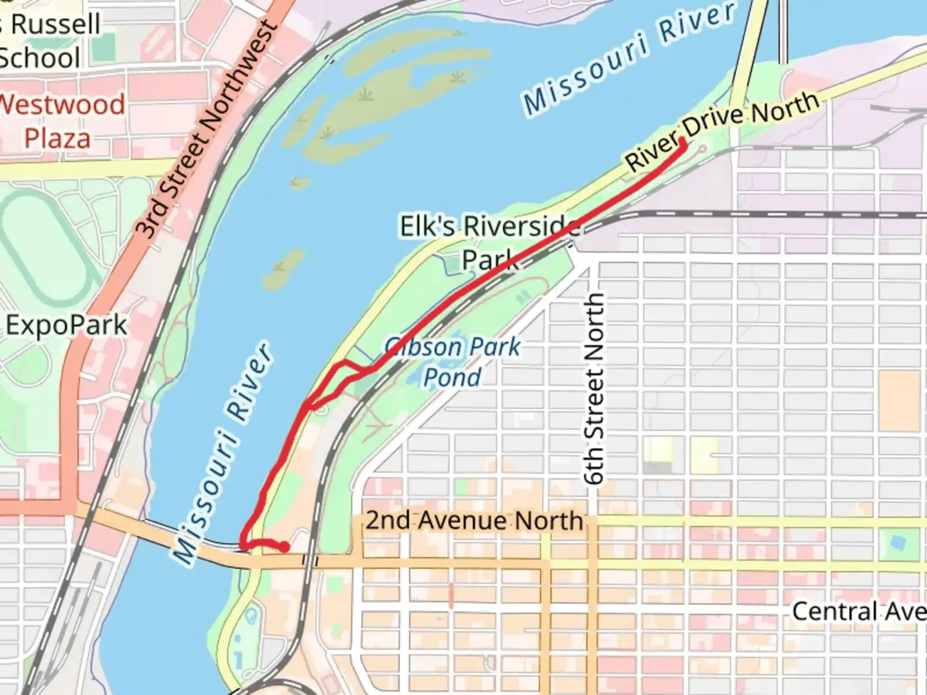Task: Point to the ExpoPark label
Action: (66, 325)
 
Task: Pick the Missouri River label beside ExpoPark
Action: (222, 454)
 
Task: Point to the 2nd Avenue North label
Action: (474, 520)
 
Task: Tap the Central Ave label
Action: (859, 611)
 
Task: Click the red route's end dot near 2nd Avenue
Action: (283, 547)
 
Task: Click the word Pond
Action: (452, 377)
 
